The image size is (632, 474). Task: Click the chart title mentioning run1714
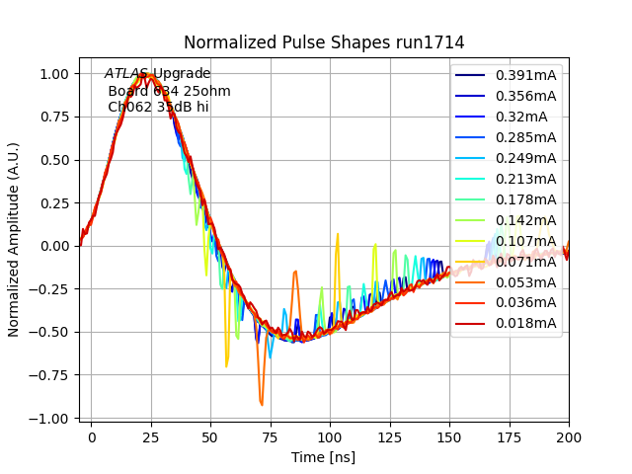tap(324, 42)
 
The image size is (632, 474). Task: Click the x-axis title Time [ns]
tap(323, 457)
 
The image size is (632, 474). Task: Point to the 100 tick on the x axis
tap(330, 435)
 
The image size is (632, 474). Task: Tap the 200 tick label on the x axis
tap(569, 435)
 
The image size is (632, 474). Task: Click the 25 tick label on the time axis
tap(151, 435)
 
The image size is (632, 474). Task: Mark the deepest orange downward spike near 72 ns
tap(262, 404)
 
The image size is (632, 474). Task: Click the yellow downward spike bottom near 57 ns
tap(226, 365)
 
